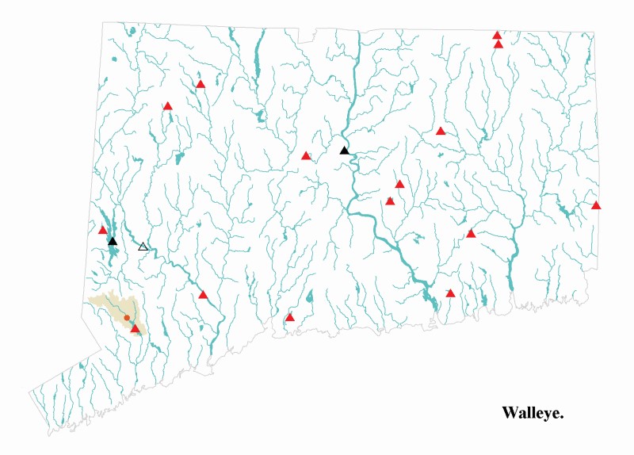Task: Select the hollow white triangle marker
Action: coord(143,247)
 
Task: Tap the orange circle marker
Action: coord(127,317)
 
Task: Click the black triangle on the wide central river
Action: coord(344,151)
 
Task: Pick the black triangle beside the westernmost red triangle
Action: coord(113,241)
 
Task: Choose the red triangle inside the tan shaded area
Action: coord(135,328)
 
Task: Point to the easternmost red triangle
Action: coord(596,206)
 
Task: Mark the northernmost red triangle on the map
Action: coord(497,35)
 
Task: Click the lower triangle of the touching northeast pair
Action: coord(498,44)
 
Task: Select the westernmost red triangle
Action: coord(102,231)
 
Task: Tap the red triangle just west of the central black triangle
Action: coord(306,156)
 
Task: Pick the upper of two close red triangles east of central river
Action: coord(399,185)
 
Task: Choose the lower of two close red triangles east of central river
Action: coord(390,201)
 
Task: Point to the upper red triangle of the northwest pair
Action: coord(201,84)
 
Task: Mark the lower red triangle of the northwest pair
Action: coord(168,105)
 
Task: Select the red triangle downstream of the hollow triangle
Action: coord(203,295)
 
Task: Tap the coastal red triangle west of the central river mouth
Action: coord(290,318)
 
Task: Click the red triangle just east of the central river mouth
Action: coord(450,293)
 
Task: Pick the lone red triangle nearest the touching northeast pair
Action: coord(441,131)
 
